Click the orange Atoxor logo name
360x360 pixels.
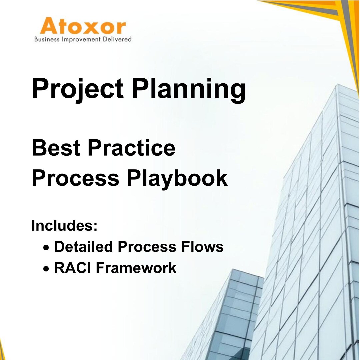83,27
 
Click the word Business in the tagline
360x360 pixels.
47,39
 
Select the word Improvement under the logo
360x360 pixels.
82,39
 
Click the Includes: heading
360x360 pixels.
64,225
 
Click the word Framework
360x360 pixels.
136,268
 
